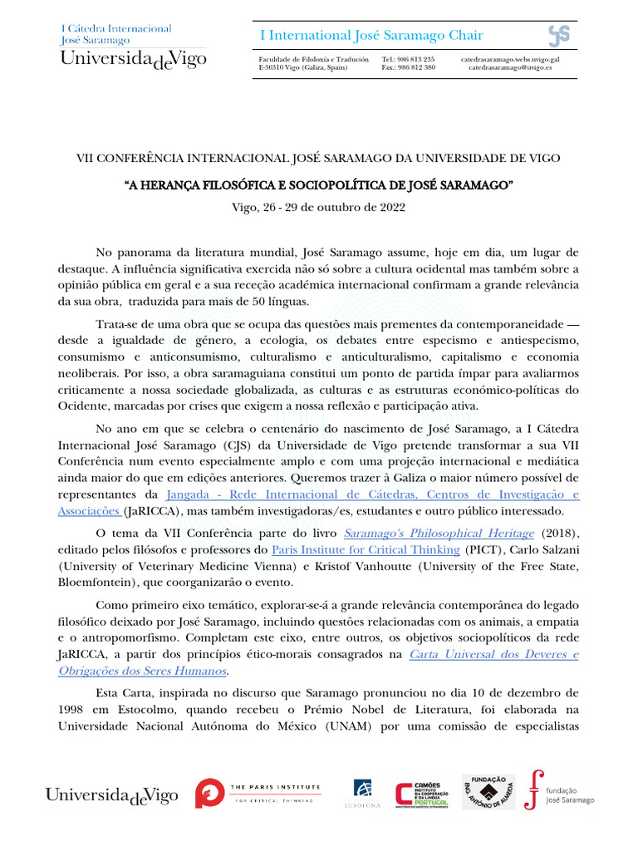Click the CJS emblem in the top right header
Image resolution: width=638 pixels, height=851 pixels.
click(558, 36)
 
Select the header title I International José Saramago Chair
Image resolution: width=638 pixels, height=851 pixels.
click(371, 35)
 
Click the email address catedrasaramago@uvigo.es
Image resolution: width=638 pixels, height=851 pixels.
click(510, 68)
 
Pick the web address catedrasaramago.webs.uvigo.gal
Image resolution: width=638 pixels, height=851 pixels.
click(510, 60)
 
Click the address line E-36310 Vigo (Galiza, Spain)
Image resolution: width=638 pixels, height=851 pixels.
click(303, 68)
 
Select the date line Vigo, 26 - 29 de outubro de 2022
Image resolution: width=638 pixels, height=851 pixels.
click(318, 207)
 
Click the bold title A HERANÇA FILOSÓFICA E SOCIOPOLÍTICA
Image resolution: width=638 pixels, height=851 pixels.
click(318, 183)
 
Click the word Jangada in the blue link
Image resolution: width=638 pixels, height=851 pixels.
click(190, 494)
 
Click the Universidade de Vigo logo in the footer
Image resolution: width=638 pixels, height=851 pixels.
click(111, 795)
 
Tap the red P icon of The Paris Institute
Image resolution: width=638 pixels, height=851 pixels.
click(209, 794)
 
